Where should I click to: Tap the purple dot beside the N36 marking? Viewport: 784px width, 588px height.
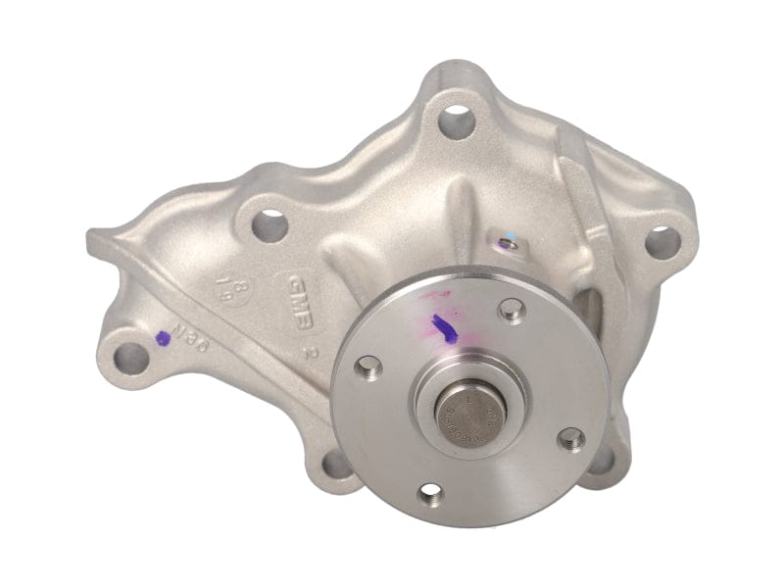tap(163, 338)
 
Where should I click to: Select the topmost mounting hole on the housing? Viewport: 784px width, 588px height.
tap(456, 122)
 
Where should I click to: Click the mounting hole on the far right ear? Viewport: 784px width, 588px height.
tap(662, 240)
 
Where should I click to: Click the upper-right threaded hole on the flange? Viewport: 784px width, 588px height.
tap(511, 310)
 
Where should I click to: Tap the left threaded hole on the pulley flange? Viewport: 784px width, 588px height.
tap(368, 368)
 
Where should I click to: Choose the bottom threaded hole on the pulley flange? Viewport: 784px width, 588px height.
tap(428, 495)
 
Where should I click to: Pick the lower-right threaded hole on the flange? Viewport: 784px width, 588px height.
tap(571, 438)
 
